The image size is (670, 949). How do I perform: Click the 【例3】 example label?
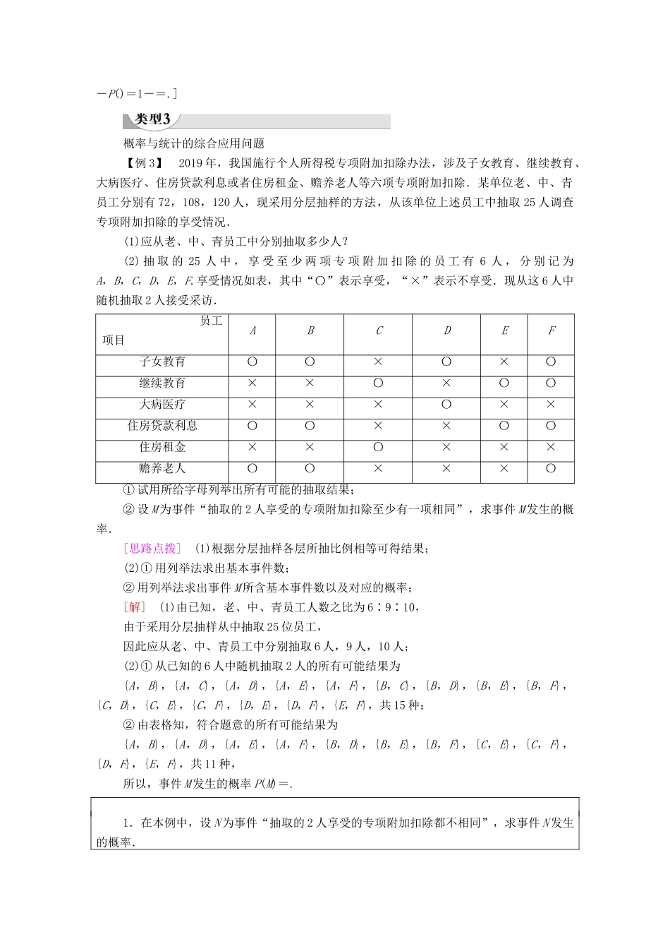pos(141,163)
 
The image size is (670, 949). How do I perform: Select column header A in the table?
pos(252,330)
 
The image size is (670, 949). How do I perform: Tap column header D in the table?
pos(447,330)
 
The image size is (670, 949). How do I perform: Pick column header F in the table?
pos(551,330)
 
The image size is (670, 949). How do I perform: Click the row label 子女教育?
pos(162,362)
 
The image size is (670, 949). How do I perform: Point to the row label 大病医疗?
pos(162,405)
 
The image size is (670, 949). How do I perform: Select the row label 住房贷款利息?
pos(162,426)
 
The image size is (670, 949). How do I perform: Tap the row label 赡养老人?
pos(162,468)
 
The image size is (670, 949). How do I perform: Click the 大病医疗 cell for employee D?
pos(447,405)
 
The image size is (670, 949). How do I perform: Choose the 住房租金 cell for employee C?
pos(379,447)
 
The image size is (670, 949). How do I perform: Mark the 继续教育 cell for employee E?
pos(504,383)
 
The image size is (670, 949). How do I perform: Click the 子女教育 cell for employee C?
pos(379,362)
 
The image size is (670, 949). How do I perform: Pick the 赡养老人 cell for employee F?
pos(551,468)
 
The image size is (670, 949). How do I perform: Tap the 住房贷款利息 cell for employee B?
pos(310,426)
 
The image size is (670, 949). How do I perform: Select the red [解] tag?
pos(134,607)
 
